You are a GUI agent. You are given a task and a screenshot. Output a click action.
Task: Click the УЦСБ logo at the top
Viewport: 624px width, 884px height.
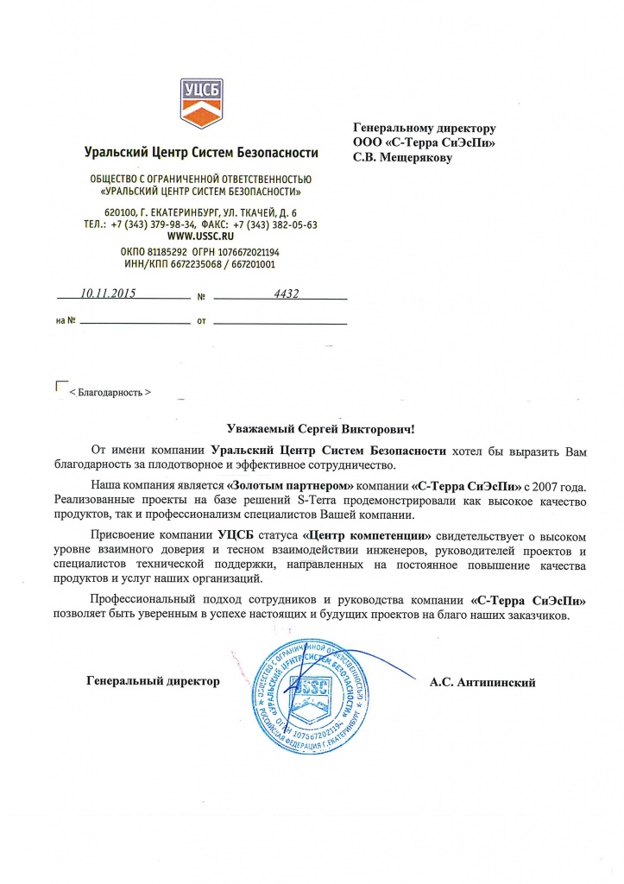(200, 102)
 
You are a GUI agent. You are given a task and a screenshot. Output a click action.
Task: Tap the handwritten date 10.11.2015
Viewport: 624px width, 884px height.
(110, 294)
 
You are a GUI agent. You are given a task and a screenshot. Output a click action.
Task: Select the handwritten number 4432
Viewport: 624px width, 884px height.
(285, 294)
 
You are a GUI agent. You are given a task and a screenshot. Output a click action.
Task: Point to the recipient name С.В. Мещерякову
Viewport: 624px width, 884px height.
(402, 158)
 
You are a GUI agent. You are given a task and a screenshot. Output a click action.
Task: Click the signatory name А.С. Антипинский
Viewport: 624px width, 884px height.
(482, 682)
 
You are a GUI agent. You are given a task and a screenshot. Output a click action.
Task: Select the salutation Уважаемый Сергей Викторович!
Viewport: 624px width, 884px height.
(320, 427)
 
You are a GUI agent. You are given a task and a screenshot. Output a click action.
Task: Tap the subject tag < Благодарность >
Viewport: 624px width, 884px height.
(110, 392)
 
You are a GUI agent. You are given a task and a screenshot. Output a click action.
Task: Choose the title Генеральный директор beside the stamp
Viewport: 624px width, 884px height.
(153, 682)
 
